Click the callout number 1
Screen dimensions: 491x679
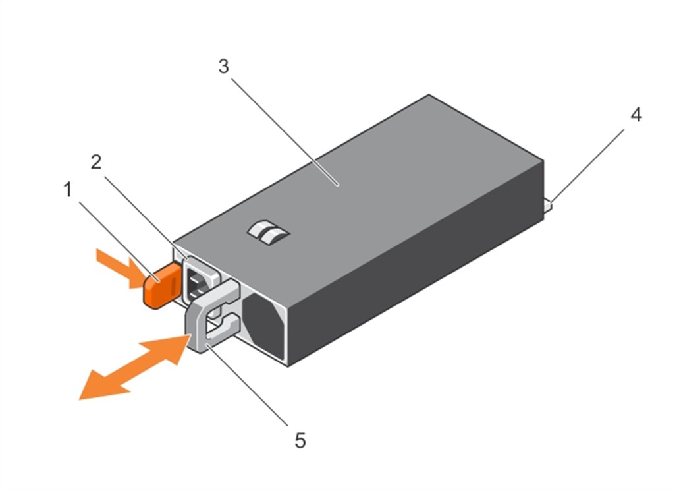[67, 191]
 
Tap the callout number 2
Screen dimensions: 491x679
[97, 162]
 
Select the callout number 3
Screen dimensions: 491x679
[223, 67]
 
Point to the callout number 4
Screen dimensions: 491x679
[635, 115]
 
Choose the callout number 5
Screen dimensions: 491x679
[300, 440]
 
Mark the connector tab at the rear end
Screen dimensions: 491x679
[548, 207]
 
